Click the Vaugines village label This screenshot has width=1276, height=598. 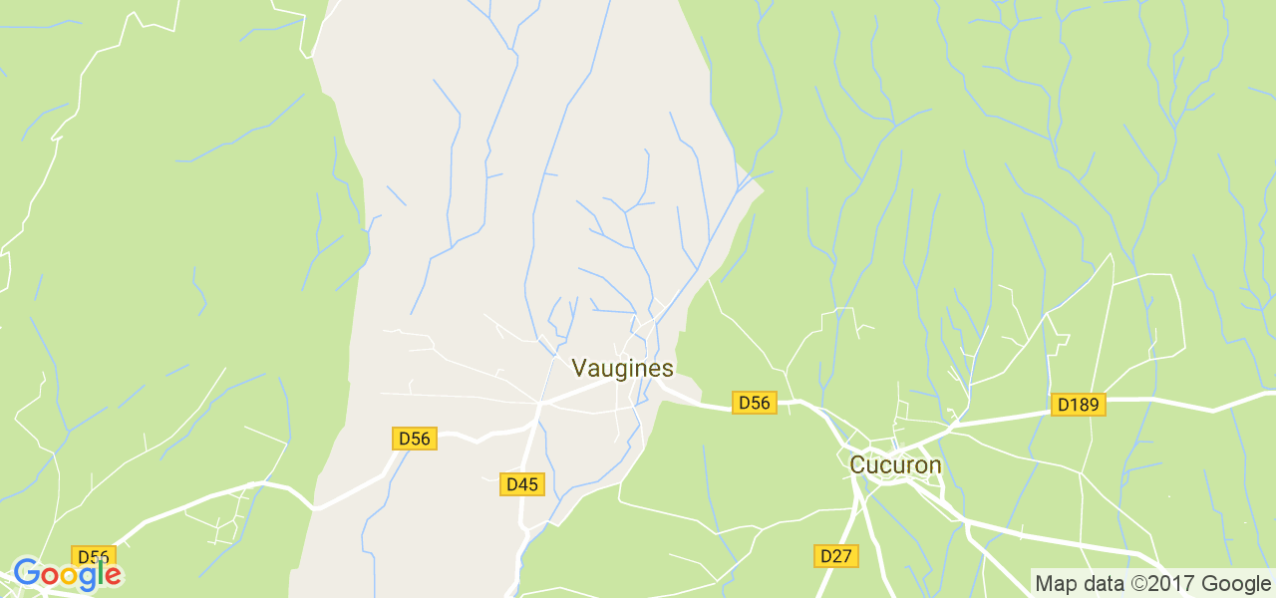(x=623, y=368)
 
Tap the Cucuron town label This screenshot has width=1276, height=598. (x=895, y=464)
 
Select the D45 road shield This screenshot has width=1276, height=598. (x=521, y=484)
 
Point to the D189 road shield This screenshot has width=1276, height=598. (x=1078, y=405)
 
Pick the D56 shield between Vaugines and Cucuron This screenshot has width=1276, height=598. (x=754, y=403)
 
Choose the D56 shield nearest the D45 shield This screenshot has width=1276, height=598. (x=414, y=439)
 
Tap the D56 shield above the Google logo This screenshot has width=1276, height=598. (x=93, y=556)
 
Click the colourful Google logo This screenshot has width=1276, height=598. (x=67, y=574)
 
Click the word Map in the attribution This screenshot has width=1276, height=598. (x=1056, y=584)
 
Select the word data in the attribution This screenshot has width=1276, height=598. (x=1101, y=584)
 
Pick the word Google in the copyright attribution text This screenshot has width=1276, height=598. (x=1235, y=584)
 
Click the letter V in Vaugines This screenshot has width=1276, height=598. (x=579, y=368)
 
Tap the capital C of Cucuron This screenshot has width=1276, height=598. (x=856, y=464)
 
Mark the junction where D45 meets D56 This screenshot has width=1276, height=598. (x=539, y=405)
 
